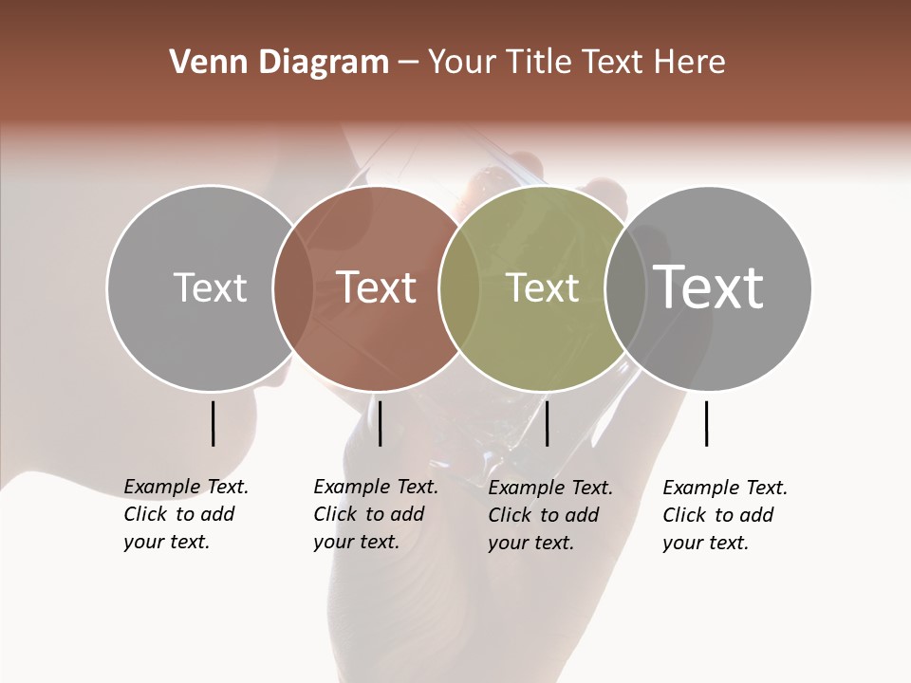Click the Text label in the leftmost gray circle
click(210, 287)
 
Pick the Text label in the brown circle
click(377, 287)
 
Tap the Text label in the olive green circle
click(542, 287)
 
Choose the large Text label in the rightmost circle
click(709, 287)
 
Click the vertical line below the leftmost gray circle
click(213, 423)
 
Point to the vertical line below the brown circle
click(380, 423)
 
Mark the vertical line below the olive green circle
click(547, 423)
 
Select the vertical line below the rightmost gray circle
click(706, 423)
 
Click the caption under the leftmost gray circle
click(185, 514)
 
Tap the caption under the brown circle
click(375, 514)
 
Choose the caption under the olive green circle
click(549, 515)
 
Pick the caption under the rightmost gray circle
click(724, 515)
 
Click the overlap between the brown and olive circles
click(457, 287)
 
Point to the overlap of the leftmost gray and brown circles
click(292, 287)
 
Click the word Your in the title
click(462, 63)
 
